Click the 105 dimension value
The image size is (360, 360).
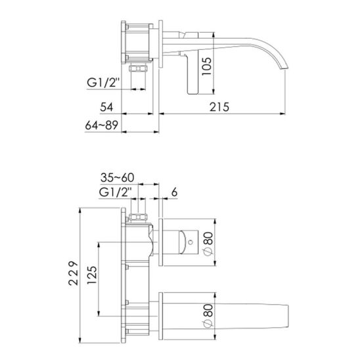tap(206, 66)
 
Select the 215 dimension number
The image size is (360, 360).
tap(219, 107)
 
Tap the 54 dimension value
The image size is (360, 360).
tap(107, 107)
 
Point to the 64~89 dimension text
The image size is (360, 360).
tap(101, 125)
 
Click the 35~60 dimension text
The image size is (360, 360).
tap(118, 178)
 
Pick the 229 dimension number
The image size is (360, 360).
tap(74, 273)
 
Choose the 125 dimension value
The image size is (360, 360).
tap(92, 275)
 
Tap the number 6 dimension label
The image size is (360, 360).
tap(175, 192)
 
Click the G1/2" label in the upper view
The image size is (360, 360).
tap(103, 83)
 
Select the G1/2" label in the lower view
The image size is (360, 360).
tap(115, 192)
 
